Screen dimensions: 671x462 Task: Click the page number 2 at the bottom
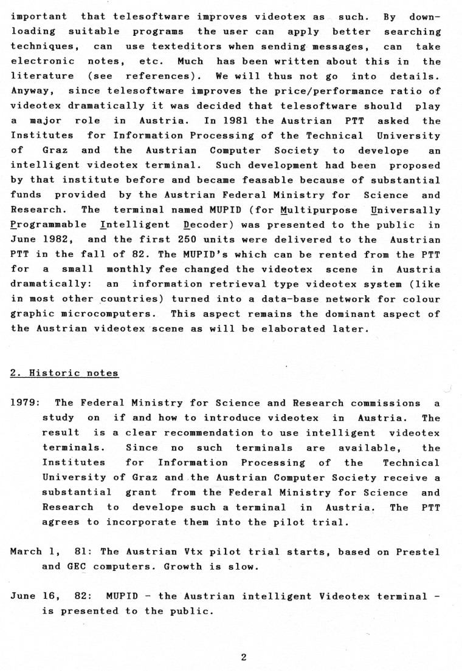click(243, 657)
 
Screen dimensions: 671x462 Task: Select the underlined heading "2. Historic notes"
click(64, 373)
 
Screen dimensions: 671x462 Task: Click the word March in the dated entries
click(26, 552)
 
